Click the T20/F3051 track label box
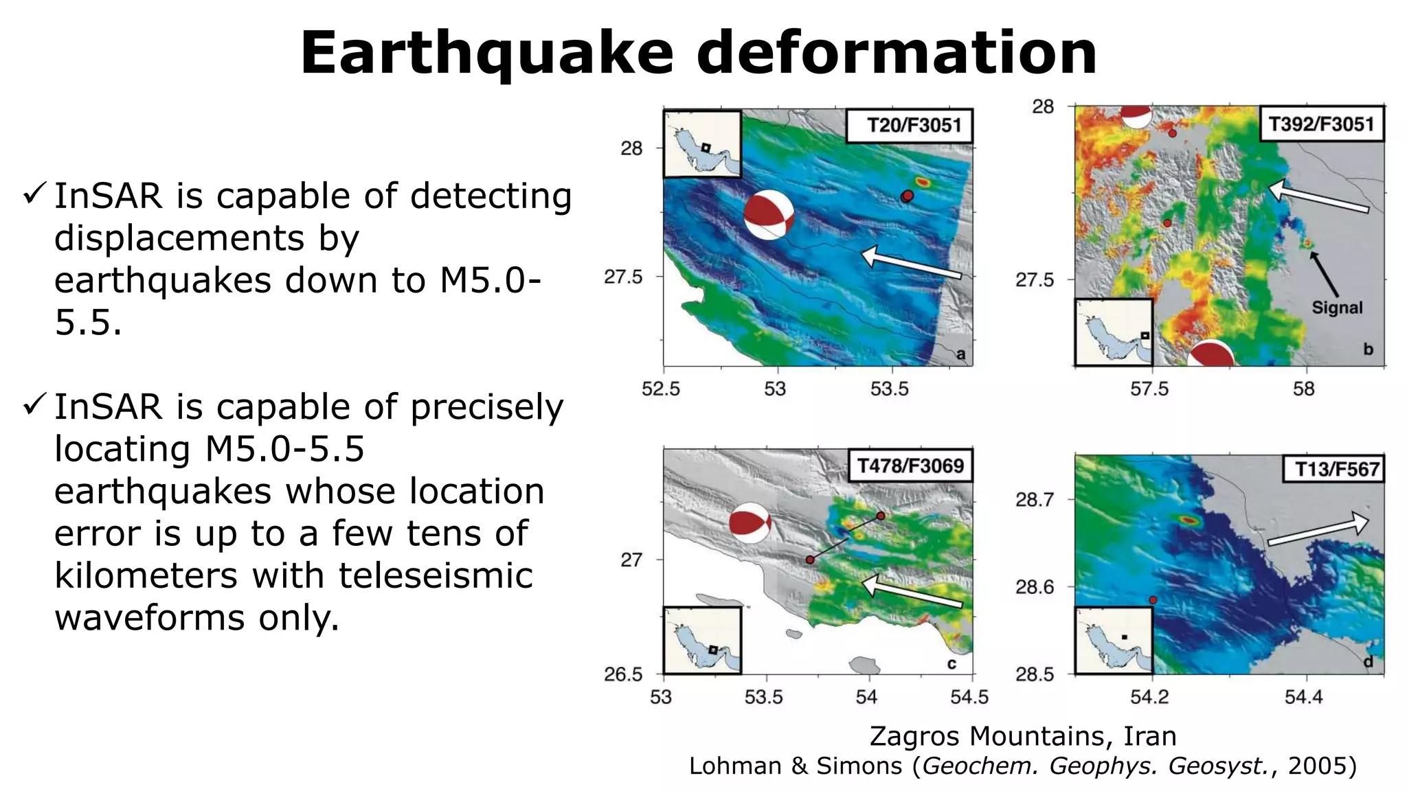(x=909, y=126)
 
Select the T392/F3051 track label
(x=1321, y=124)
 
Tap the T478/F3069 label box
(x=910, y=466)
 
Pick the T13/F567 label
(x=1333, y=470)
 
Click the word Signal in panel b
(x=1336, y=308)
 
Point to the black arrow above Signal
(x=1324, y=274)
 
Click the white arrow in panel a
(x=911, y=264)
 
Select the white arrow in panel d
(x=1318, y=530)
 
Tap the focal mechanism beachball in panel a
(x=769, y=215)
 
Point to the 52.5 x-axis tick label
(x=660, y=389)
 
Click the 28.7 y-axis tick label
(x=1034, y=500)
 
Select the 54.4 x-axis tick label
(x=1303, y=698)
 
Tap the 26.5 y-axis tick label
(x=623, y=674)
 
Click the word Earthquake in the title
(x=487, y=53)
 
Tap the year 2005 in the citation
(x=1317, y=766)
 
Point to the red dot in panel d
(x=1153, y=600)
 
